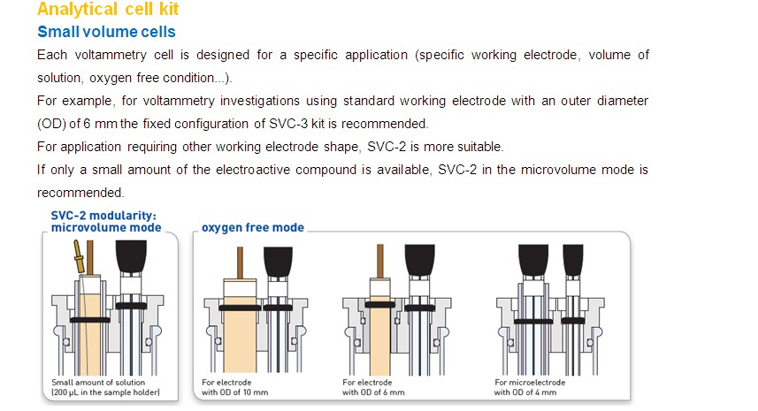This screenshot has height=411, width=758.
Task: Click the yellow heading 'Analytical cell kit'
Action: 108,9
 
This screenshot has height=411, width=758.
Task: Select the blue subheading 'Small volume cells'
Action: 106,32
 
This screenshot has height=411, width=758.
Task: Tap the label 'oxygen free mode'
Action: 253,227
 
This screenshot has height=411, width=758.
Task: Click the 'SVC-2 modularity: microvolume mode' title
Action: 106,222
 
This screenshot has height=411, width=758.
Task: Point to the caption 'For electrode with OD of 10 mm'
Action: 234,387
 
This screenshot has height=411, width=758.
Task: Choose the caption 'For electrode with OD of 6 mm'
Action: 373,387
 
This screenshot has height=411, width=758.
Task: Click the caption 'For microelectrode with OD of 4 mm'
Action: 529,387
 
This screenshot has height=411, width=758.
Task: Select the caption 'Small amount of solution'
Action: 98,383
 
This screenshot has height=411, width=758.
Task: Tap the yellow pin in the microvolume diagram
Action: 78,257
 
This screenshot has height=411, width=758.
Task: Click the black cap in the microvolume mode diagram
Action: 131,257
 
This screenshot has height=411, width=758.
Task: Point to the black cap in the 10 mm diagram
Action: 278,262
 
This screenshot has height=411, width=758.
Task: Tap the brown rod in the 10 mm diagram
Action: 240,263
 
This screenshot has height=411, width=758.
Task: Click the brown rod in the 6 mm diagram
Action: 380,262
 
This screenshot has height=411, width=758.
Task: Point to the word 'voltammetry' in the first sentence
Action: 111,55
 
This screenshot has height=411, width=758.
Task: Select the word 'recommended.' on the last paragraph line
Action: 80,193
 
